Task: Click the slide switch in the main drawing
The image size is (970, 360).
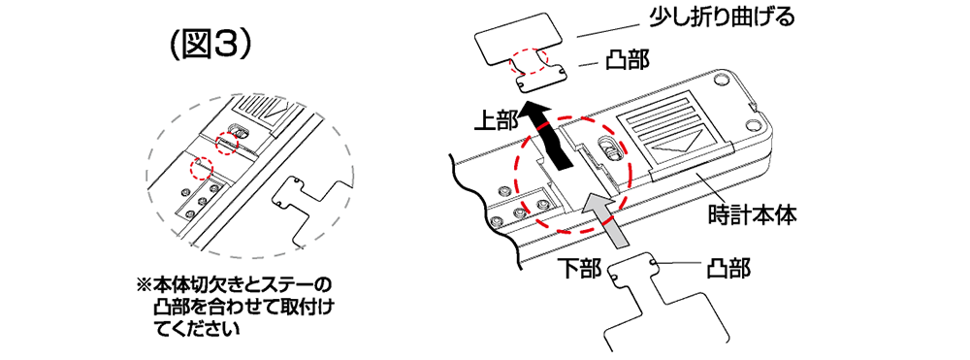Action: coord(607,149)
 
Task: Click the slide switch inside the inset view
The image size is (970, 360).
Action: coord(238,131)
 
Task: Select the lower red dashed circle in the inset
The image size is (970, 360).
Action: coord(202,167)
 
